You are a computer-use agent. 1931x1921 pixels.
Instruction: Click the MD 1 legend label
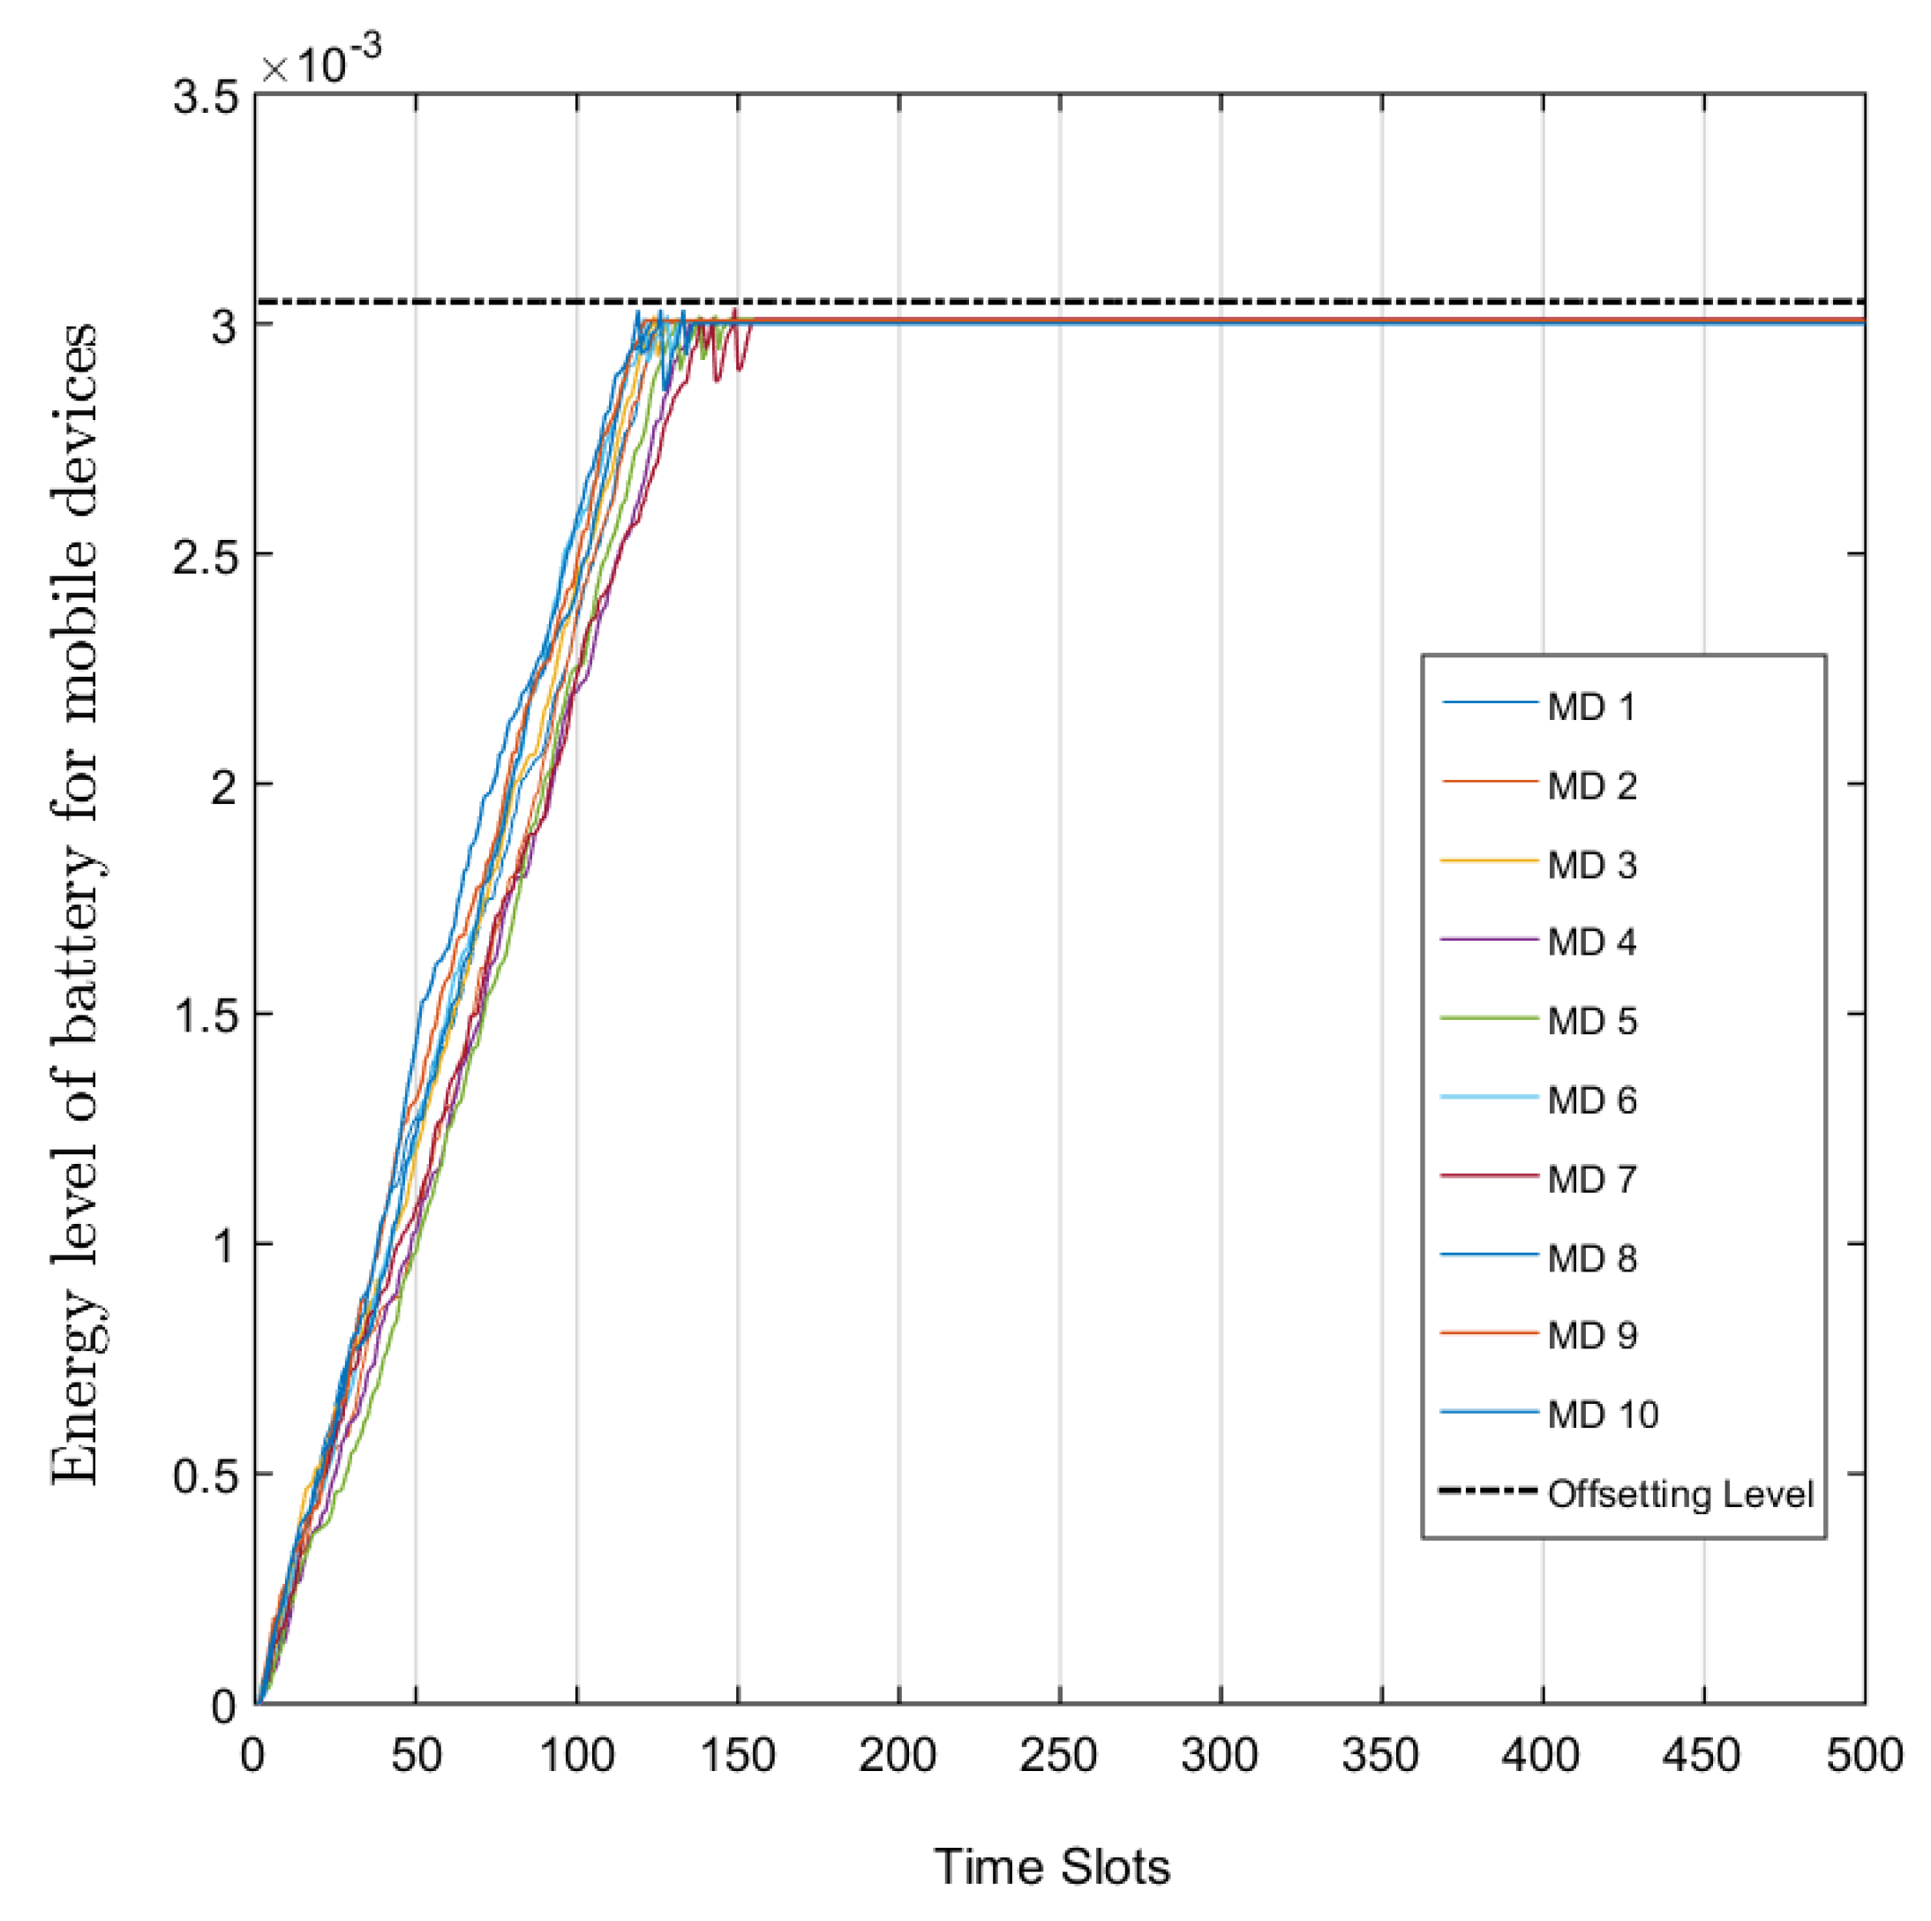tap(1591, 708)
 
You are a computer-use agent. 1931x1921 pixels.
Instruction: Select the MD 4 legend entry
tap(1591, 942)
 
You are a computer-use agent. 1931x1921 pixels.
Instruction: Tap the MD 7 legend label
tap(1591, 1180)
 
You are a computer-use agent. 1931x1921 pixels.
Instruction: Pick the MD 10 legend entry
tap(1602, 1414)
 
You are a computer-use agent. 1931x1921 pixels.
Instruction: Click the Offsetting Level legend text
tap(1680, 1494)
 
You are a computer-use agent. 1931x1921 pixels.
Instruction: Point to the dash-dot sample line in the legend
tap(1487, 1492)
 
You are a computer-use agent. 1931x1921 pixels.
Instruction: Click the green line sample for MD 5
tap(1488, 1018)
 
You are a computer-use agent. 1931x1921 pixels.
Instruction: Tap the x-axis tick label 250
tap(1058, 1756)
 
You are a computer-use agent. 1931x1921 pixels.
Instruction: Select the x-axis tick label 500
tap(1864, 1756)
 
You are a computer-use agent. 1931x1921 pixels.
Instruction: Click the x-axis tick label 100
tap(576, 1756)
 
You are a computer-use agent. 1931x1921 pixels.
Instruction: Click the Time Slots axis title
tap(1051, 1867)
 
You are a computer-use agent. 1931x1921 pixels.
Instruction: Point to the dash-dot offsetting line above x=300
tap(1221, 301)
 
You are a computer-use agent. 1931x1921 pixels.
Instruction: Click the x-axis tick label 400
tap(1541, 1756)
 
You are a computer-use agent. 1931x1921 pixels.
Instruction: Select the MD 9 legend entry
tap(1591, 1335)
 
